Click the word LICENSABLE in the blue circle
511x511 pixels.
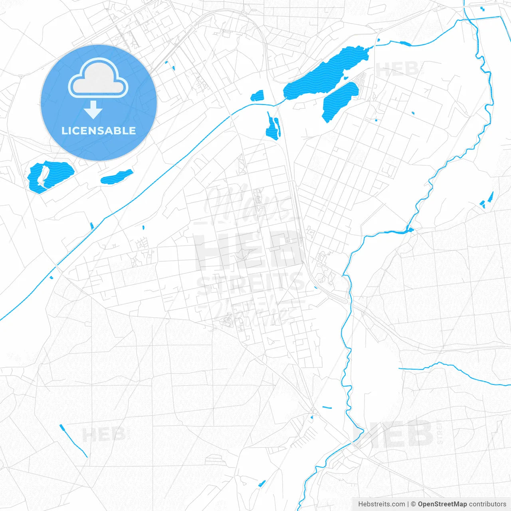click(99, 131)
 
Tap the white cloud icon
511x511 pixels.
click(98, 79)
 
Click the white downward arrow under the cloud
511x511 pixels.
click(93, 110)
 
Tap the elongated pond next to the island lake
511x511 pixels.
click(117, 176)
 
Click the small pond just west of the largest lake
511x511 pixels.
click(257, 96)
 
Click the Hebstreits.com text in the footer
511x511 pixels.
click(381, 504)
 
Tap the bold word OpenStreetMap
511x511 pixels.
click(442, 504)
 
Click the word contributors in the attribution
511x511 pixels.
click(487, 504)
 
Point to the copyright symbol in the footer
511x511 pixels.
click(414, 504)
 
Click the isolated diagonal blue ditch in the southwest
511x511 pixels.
click(73, 441)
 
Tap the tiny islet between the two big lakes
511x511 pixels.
click(346, 78)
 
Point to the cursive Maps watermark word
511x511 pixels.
click(250, 204)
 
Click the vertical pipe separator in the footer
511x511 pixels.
click(408, 504)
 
